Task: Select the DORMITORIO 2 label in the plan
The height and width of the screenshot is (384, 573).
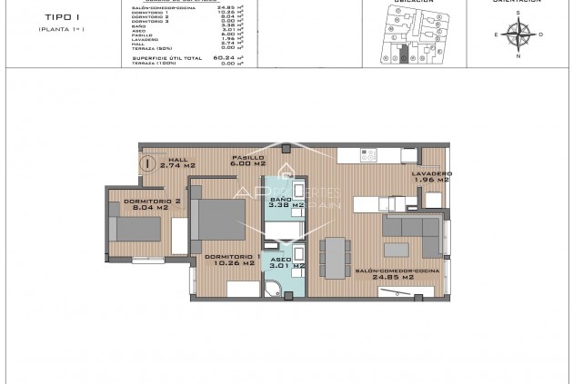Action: point(139,200)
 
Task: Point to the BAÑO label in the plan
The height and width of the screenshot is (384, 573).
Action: point(280,199)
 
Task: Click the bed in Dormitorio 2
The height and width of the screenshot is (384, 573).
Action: point(136,228)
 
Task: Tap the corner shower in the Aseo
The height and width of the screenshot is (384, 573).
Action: point(272,290)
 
